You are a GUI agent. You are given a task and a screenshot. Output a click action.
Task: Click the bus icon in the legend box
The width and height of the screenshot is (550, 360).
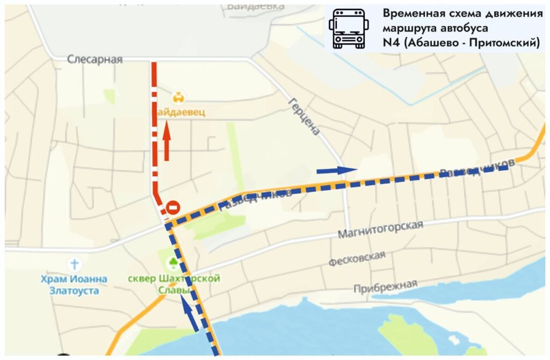(x=349, y=28)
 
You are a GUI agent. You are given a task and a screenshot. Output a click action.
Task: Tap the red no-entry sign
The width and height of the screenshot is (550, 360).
(x=173, y=207)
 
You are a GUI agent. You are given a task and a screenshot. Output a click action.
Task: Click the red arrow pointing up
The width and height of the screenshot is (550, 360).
(x=167, y=141)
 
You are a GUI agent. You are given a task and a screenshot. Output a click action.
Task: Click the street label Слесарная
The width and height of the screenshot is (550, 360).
(x=95, y=59)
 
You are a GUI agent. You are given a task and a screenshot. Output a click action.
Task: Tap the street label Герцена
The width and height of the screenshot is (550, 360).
(x=304, y=116)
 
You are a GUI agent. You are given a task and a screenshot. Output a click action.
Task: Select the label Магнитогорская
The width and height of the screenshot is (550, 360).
(x=380, y=230)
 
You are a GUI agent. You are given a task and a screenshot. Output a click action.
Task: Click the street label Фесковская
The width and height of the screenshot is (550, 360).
(x=357, y=258)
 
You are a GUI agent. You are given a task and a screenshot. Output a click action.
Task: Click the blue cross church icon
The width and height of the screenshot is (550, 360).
(x=75, y=264)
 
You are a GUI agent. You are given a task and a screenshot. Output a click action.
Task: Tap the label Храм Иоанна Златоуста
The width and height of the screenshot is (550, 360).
(x=74, y=285)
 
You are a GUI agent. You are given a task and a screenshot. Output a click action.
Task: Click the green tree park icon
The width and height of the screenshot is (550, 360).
(x=173, y=263)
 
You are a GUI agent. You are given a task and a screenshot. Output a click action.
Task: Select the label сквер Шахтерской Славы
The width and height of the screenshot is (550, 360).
(x=174, y=284)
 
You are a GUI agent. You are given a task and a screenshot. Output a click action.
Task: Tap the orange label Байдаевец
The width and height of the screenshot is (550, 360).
(x=180, y=113)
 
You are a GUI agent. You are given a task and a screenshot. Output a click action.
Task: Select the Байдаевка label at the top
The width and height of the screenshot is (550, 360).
(x=248, y=6)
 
